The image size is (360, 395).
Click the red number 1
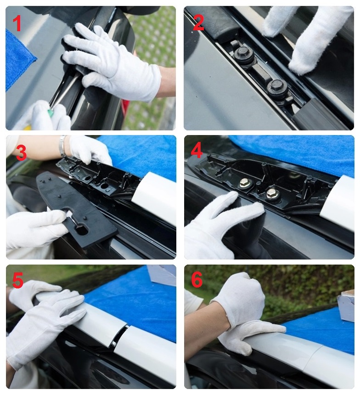tap(17, 23)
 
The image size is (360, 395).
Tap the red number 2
tap(198, 23)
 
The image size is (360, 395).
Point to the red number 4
tap(197, 151)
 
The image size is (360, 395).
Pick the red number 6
tap(197, 279)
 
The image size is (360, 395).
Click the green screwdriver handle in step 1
tap(52, 111)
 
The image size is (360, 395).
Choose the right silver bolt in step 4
tap(271, 193)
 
